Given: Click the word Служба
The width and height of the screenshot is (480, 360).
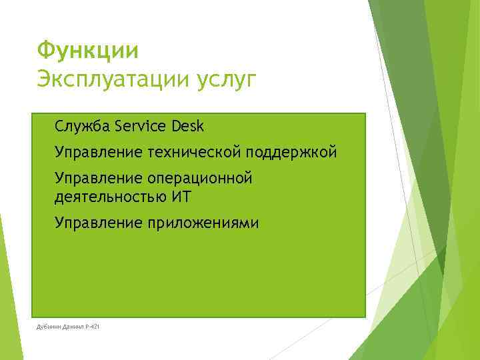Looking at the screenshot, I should [83, 126].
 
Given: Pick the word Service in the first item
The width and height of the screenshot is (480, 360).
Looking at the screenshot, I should [140, 126].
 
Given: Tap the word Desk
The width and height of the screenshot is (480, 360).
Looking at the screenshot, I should [187, 126].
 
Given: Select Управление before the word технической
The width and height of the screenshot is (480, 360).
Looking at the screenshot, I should [98, 153].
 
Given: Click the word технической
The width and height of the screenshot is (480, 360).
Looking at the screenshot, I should [193, 153].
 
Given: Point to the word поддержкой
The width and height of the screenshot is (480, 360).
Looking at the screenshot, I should [291, 153].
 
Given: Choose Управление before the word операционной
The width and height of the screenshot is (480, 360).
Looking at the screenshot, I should [98, 179].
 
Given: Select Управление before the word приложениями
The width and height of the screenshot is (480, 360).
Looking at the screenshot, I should [98, 223].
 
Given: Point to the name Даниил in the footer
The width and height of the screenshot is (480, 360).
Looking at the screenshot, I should [74, 326].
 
